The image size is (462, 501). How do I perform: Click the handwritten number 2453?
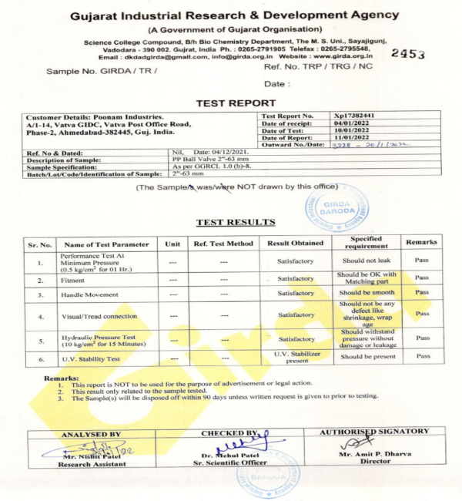click(x=408, y=53)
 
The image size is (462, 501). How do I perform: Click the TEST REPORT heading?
click(x=236, y=103)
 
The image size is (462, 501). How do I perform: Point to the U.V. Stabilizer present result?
click(x=296, y=357)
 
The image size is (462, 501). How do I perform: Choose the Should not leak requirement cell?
click(x=366, y=261)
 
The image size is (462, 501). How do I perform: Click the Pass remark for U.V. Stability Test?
click(x=423, y=356)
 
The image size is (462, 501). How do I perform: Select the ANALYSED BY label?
click(x=90, y=434)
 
